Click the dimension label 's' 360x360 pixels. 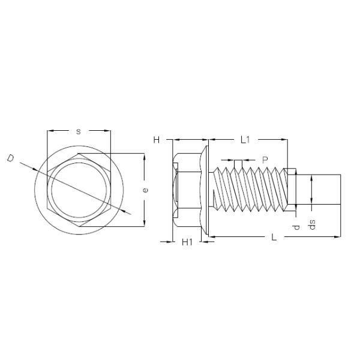79,131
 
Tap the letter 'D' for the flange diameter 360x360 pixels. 10,158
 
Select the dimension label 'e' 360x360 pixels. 145,190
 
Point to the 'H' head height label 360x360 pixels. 156,140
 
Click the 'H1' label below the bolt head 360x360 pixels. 187,242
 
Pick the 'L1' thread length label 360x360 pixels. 245,140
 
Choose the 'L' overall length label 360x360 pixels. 274,238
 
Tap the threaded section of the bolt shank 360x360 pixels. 252,189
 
